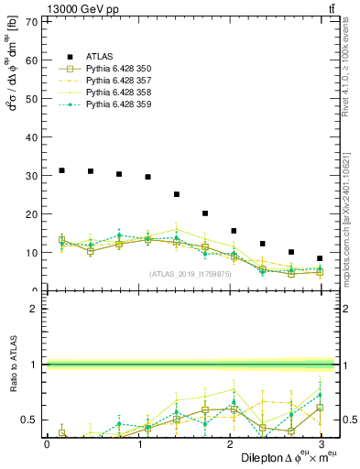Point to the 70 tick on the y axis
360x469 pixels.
click(30, 21)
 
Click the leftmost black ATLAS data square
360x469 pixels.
click(61, 170)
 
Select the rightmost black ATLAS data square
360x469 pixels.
click(320, 258)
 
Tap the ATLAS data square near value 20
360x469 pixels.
click(205, 213)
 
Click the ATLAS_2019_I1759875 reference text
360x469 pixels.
click(189, 274)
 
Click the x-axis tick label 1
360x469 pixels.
click(139, 443)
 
